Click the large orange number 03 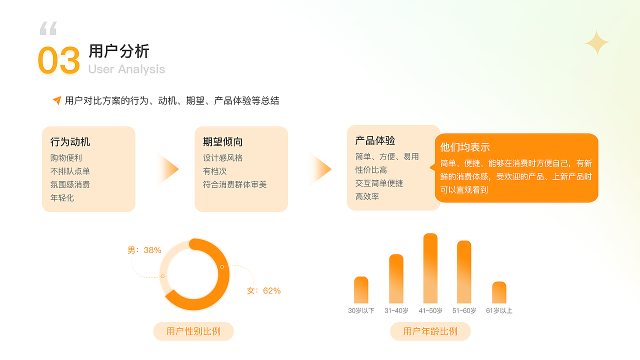59,60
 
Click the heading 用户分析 119,51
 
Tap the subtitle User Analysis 126,69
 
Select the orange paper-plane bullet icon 57,100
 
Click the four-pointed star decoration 597,43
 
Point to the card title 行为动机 70,142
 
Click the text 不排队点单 70,171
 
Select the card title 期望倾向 222,142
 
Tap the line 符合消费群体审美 235,184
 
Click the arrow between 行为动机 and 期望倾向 168,169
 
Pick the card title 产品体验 375,140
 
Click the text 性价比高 371,170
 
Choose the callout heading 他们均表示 465,147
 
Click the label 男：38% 144,250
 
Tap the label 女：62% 264,290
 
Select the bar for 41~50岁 430,268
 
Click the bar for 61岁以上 499,292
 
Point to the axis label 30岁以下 361,310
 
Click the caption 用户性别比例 193,331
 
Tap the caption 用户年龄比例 430,331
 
